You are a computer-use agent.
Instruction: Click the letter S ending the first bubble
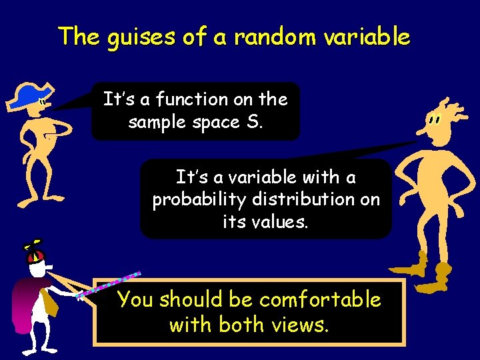coord(258,123)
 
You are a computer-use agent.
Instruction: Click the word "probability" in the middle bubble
coord(192,200)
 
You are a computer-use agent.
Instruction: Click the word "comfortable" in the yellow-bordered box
coord(320,300)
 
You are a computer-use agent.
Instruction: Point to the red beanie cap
coord(37,257)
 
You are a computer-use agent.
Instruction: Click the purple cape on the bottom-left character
coord(27,303)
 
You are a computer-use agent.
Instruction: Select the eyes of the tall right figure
coord(435,121)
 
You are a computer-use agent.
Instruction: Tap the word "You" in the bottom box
coord(135,300)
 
